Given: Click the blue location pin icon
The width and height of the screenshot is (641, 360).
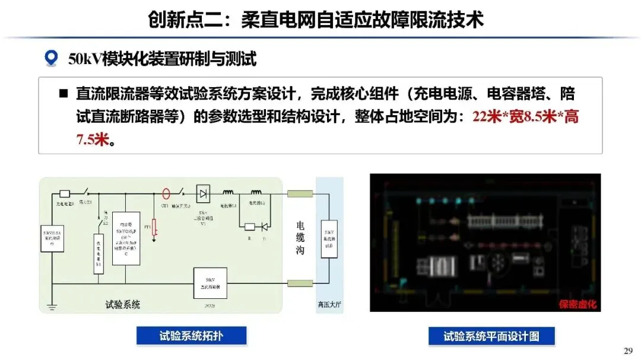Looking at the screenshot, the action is (51, 58).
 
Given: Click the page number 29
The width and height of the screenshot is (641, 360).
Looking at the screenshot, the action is (628, 351).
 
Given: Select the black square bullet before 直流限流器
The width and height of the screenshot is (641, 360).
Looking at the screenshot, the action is (63, 94).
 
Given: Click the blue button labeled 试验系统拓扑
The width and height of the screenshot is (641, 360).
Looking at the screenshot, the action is (191, 336).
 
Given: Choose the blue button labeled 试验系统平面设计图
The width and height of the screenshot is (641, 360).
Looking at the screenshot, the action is (491, 336).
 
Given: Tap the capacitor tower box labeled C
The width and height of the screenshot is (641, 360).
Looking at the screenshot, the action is (126, 237).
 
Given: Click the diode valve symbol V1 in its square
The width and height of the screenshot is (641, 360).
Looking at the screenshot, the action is (204, 193).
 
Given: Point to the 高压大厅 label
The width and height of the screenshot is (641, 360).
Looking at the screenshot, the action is (329, 305).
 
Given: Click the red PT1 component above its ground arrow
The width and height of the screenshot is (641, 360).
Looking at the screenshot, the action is (154, 226).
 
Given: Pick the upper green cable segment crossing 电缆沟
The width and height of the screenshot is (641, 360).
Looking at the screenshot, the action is (300, 193).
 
